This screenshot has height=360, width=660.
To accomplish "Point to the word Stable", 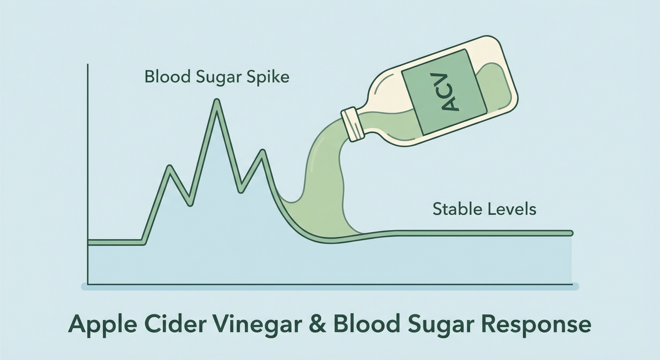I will [454, 209].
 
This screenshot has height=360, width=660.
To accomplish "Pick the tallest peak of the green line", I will [217, 101].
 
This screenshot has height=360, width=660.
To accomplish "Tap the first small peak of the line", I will [169, 167].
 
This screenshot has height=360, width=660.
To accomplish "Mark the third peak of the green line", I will [262, 151].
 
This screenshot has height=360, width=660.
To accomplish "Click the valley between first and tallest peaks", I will [190, 203].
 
